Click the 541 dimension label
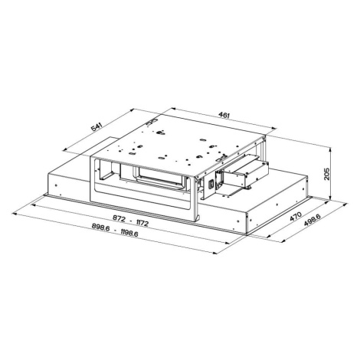click(x=97, y=127)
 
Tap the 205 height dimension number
click(x=327, y=174)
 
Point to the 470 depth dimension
click(x=296, y=216)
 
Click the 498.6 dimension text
click(x=312, y=220)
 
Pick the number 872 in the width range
click(x=119, y=218)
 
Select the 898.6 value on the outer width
click(x=100, y=227)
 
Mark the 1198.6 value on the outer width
click(x=129, y=234)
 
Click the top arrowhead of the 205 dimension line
click(x=331, y=149)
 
